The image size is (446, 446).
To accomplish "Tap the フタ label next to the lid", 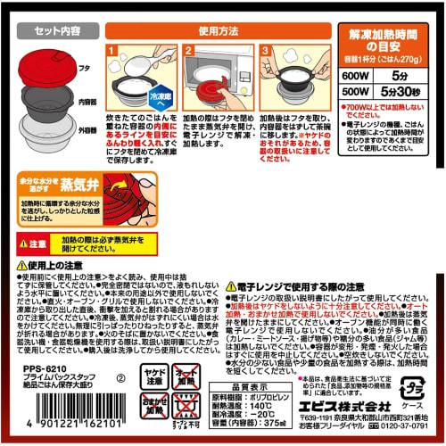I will tap(94, 64).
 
